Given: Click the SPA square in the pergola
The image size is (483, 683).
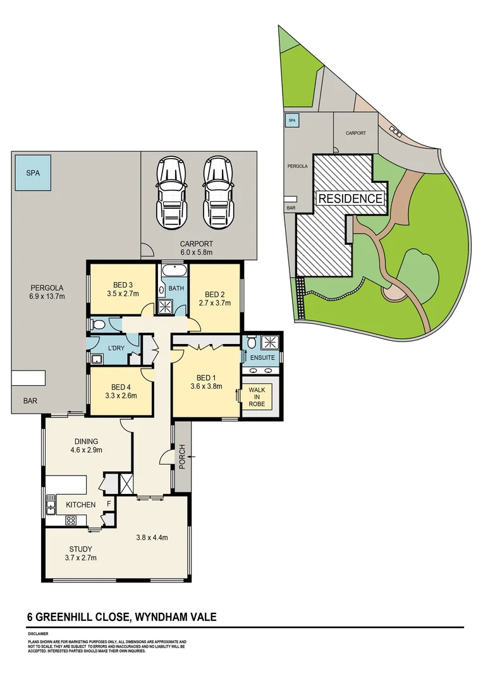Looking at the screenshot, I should [32, 172].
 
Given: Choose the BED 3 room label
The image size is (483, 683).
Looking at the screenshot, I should [123, 289].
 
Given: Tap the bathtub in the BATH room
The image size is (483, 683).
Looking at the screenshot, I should [173, 273].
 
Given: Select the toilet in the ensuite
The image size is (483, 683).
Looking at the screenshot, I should [252, 342].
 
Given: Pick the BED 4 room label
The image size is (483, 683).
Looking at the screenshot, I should [120, 392].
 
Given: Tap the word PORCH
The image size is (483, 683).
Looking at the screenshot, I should [183, 455].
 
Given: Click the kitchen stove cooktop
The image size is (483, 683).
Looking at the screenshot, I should [71, 520].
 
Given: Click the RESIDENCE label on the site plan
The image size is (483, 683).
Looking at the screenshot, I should [350, 198].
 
